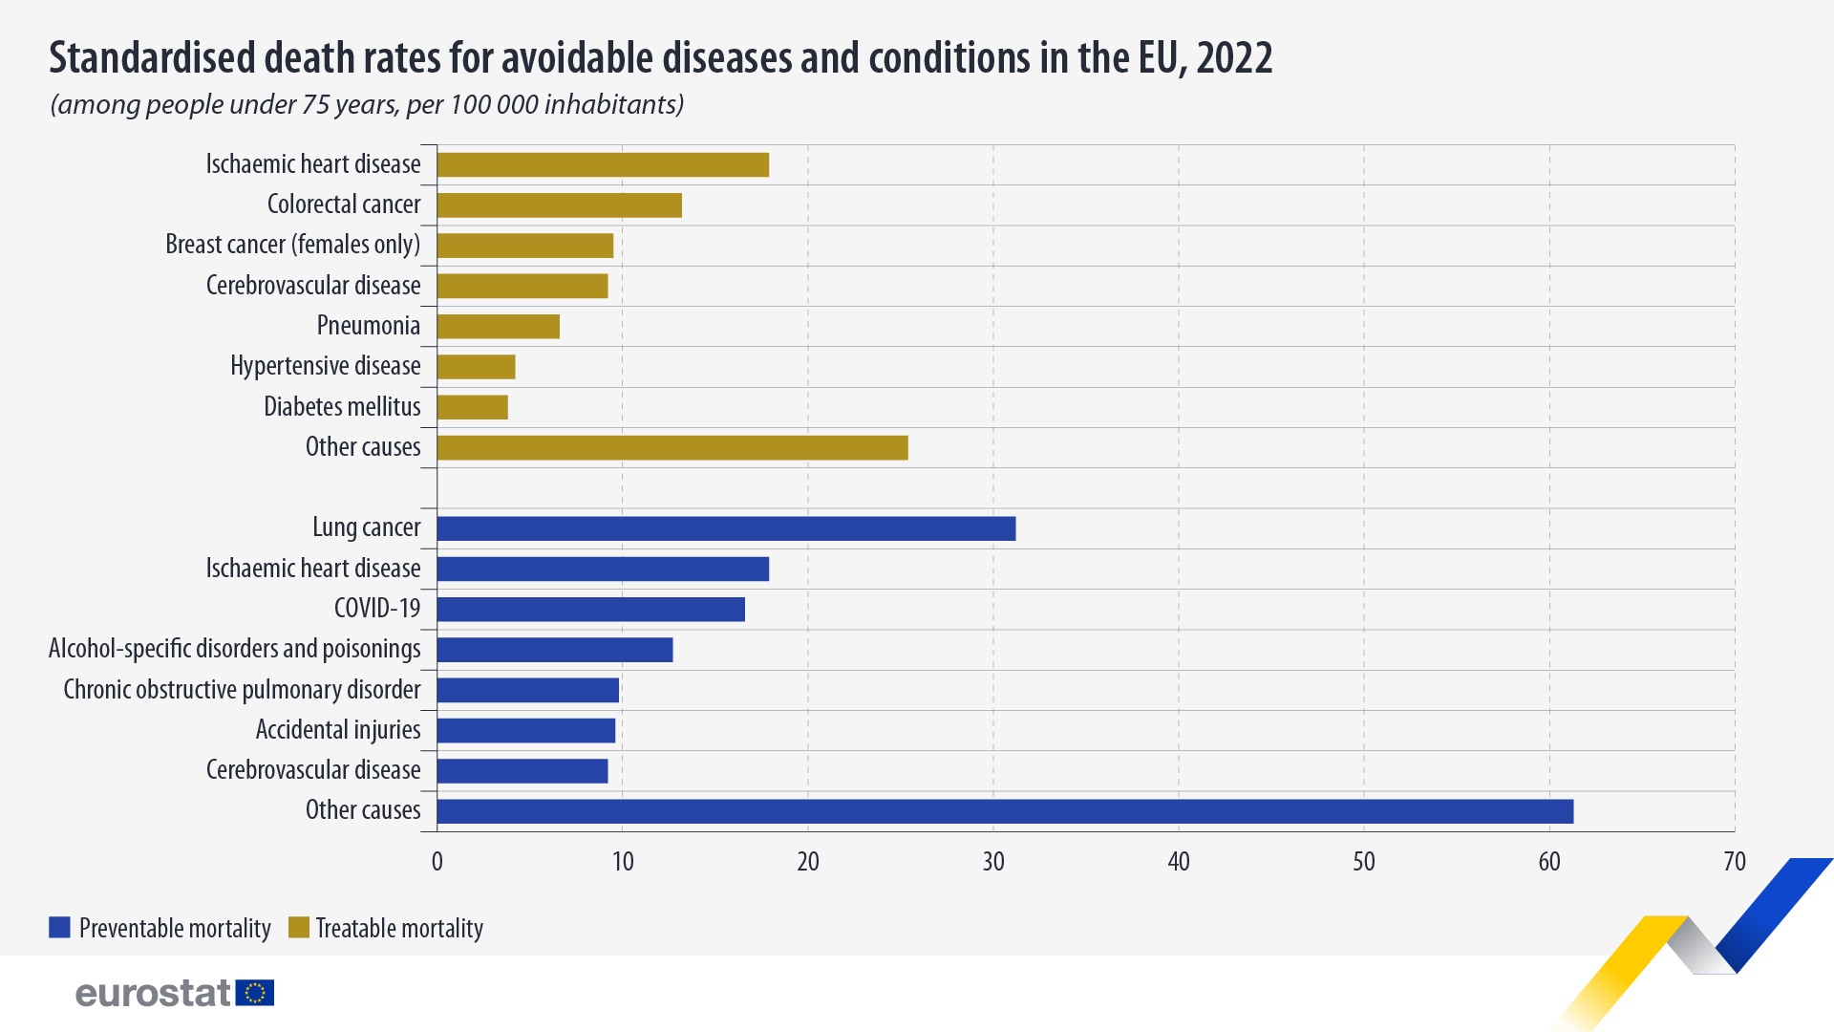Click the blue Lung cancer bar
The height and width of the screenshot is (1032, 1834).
tap(726, 528)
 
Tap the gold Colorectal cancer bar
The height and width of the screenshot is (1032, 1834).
tap(559, 205)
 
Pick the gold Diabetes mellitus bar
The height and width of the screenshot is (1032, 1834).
tap(472, 408)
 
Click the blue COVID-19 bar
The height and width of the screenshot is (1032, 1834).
tap(590, 610)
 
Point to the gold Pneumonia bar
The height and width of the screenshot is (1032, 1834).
tap(498, 327)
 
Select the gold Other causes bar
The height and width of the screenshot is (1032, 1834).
tap(672, 448)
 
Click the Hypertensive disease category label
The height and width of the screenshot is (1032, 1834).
tap(325, 366)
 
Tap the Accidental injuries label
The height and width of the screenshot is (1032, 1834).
tap(337, 730)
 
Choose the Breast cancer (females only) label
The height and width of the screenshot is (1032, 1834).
tap(292, 245)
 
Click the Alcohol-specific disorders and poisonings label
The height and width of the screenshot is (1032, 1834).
tap(234, 649)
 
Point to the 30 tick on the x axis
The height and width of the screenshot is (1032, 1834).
tap(993, 862)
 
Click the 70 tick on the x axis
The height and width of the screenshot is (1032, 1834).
tap(1734, 862)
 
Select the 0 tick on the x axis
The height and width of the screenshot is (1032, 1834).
tap(437, 862)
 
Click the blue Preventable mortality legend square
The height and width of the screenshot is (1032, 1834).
tap(59, 928)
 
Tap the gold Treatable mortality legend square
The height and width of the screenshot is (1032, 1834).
tap(299, 928)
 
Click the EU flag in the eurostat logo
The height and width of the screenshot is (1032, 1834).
tap(255, 993)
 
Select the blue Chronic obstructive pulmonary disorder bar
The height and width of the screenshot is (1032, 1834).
tap(527, 690)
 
